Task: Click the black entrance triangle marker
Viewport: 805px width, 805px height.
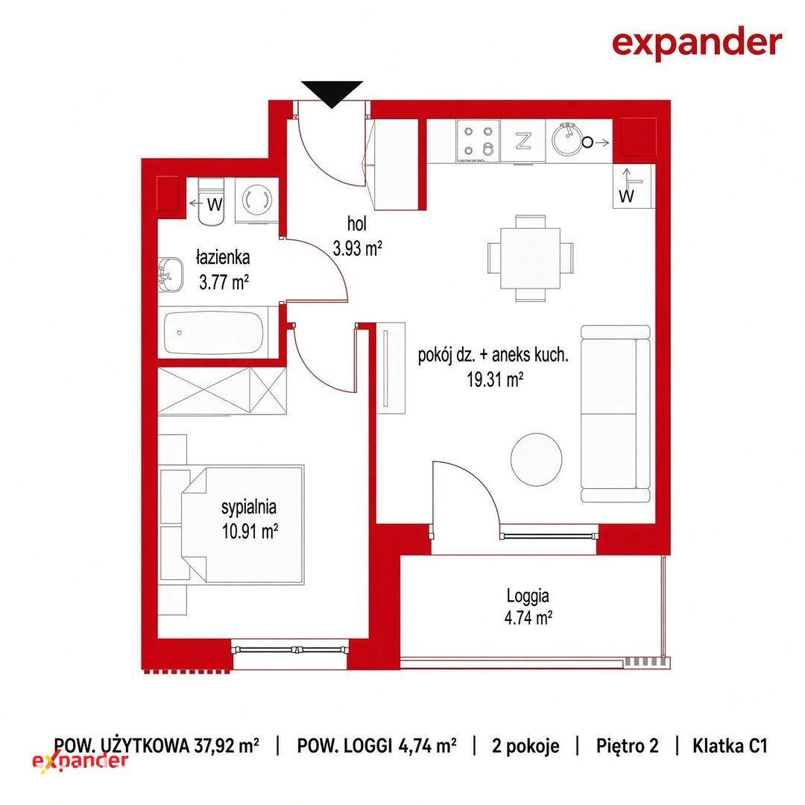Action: pyautogui.click(x=332, y=93)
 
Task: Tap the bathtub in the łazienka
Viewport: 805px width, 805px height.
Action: pyautogui.click(x=213, y=332)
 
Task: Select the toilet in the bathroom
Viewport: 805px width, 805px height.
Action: pyautogui.click(x=211, y=202)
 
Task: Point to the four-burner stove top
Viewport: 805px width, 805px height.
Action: pyautogui.click(x=479, y=140)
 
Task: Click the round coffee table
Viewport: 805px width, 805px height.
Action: pyautogui.click(x=536, y=459)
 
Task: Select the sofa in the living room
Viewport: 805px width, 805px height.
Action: pyautogui.click(x=616, y=413)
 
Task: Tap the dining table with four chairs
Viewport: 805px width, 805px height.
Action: pyautogui.click(x=531, y=258)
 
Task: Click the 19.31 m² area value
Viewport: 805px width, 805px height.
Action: pyautogui.click(x=495, y=380)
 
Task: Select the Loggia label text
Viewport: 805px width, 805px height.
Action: pyautogui.click(x=528, y=596)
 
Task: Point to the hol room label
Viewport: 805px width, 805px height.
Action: pyautogui.click(x=357, y=224)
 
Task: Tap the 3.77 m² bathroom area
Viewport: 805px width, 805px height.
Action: pyautogui.click(x=224, y=282)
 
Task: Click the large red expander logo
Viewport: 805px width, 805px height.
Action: pyautogui.click(x=697, y=44)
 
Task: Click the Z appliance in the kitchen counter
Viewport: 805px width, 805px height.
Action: pyautogui.click(x=523, y=141)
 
